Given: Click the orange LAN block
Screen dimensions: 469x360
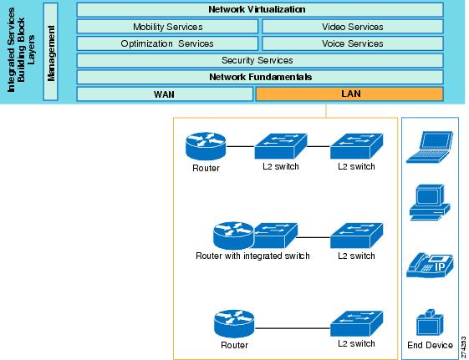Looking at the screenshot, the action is [x=349, y=94].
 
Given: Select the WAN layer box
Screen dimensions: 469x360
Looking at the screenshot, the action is [x=165, y=94].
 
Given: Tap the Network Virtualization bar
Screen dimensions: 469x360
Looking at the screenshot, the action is [x=260, y=9].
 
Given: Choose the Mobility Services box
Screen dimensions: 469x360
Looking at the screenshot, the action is [x=167, y=27].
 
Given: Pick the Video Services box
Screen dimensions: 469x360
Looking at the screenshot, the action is [x=353, y=27].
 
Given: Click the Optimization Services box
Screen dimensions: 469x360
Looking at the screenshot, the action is [x=167, y=43].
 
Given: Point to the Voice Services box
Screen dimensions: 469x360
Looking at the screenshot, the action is [x=353, y=43].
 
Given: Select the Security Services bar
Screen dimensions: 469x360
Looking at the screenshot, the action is [x=260, y=60].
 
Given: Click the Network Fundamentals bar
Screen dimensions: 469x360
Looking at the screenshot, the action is [x=260, y=77].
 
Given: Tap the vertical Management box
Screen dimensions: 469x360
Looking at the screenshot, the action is [x=50, y=52].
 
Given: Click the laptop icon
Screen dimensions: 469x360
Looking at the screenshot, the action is [x=430, y=147].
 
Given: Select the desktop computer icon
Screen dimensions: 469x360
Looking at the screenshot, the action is [x=430, y=202].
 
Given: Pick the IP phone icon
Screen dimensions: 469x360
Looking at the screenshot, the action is [x=430, y=265].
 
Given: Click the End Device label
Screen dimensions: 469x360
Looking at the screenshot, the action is [x=430, y=345].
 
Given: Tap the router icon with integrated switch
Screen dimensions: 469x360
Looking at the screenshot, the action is [x=255, y=236].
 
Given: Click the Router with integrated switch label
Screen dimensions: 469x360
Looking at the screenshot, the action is [x=252, y=256].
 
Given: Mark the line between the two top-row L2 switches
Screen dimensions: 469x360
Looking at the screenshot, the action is [x=319, y=146].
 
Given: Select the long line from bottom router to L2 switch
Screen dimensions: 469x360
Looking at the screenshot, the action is [x=293, y=328].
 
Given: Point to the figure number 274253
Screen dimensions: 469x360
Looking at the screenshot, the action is [x=464, y=347].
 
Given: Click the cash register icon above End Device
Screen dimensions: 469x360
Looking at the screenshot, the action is [x=430, y=322].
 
